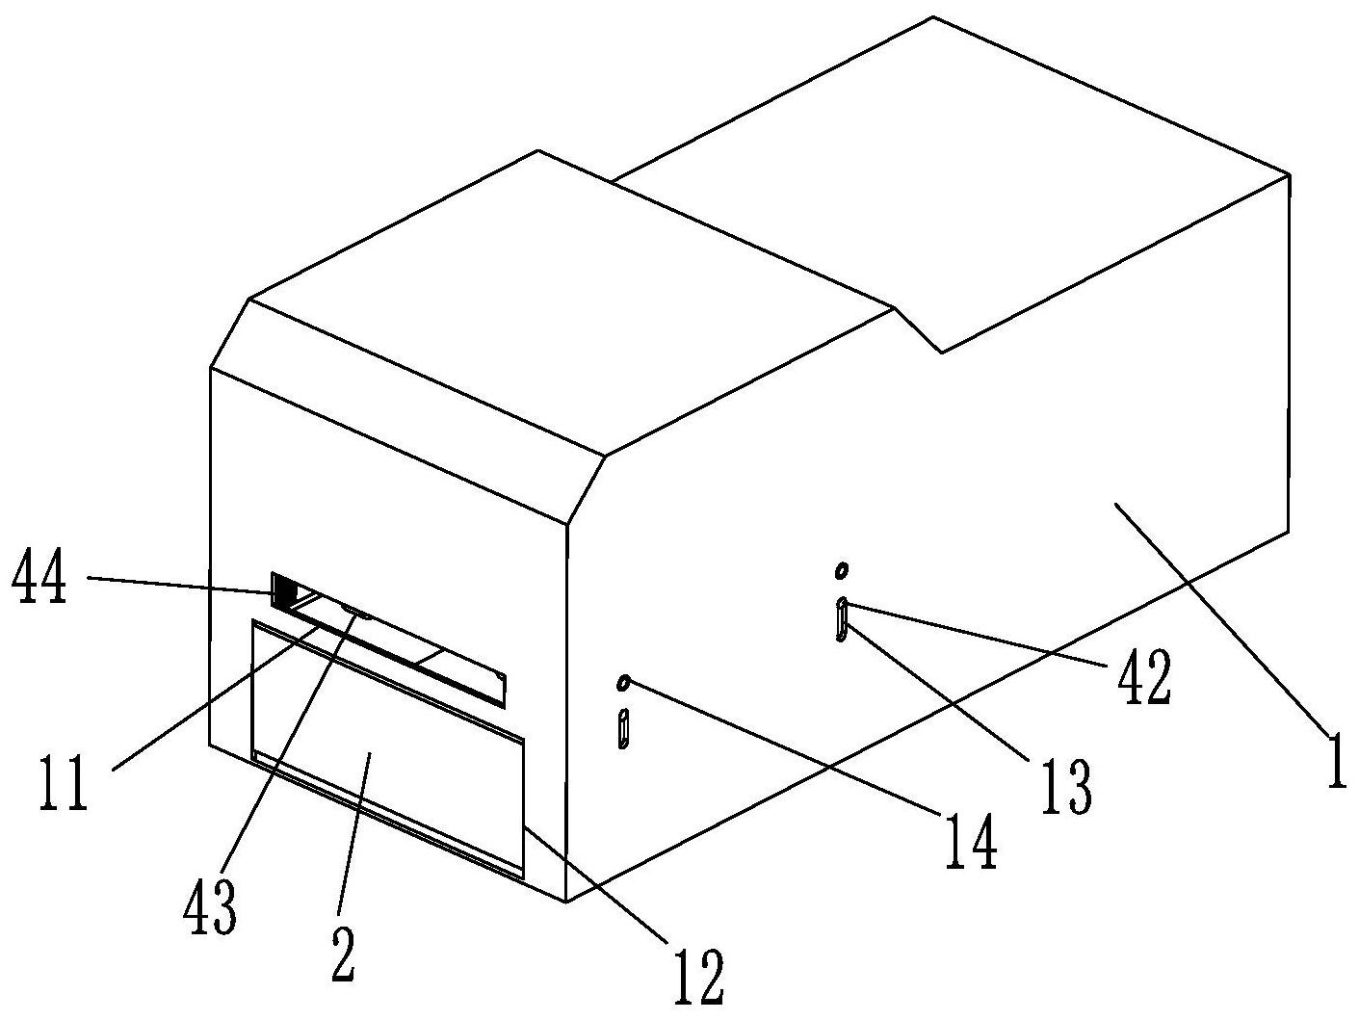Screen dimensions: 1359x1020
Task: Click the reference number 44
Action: [x=39, y=582]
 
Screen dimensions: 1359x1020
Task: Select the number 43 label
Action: [x=210, y=909]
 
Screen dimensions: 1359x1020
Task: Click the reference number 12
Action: [x=699, y=980]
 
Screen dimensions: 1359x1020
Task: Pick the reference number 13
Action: [x=1067, y=788]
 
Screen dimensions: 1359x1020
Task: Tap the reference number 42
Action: [x=1144, y=677]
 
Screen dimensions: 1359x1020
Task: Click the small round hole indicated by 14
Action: [x=624, y=683]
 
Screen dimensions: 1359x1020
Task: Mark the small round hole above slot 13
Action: [x=842, y=571]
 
